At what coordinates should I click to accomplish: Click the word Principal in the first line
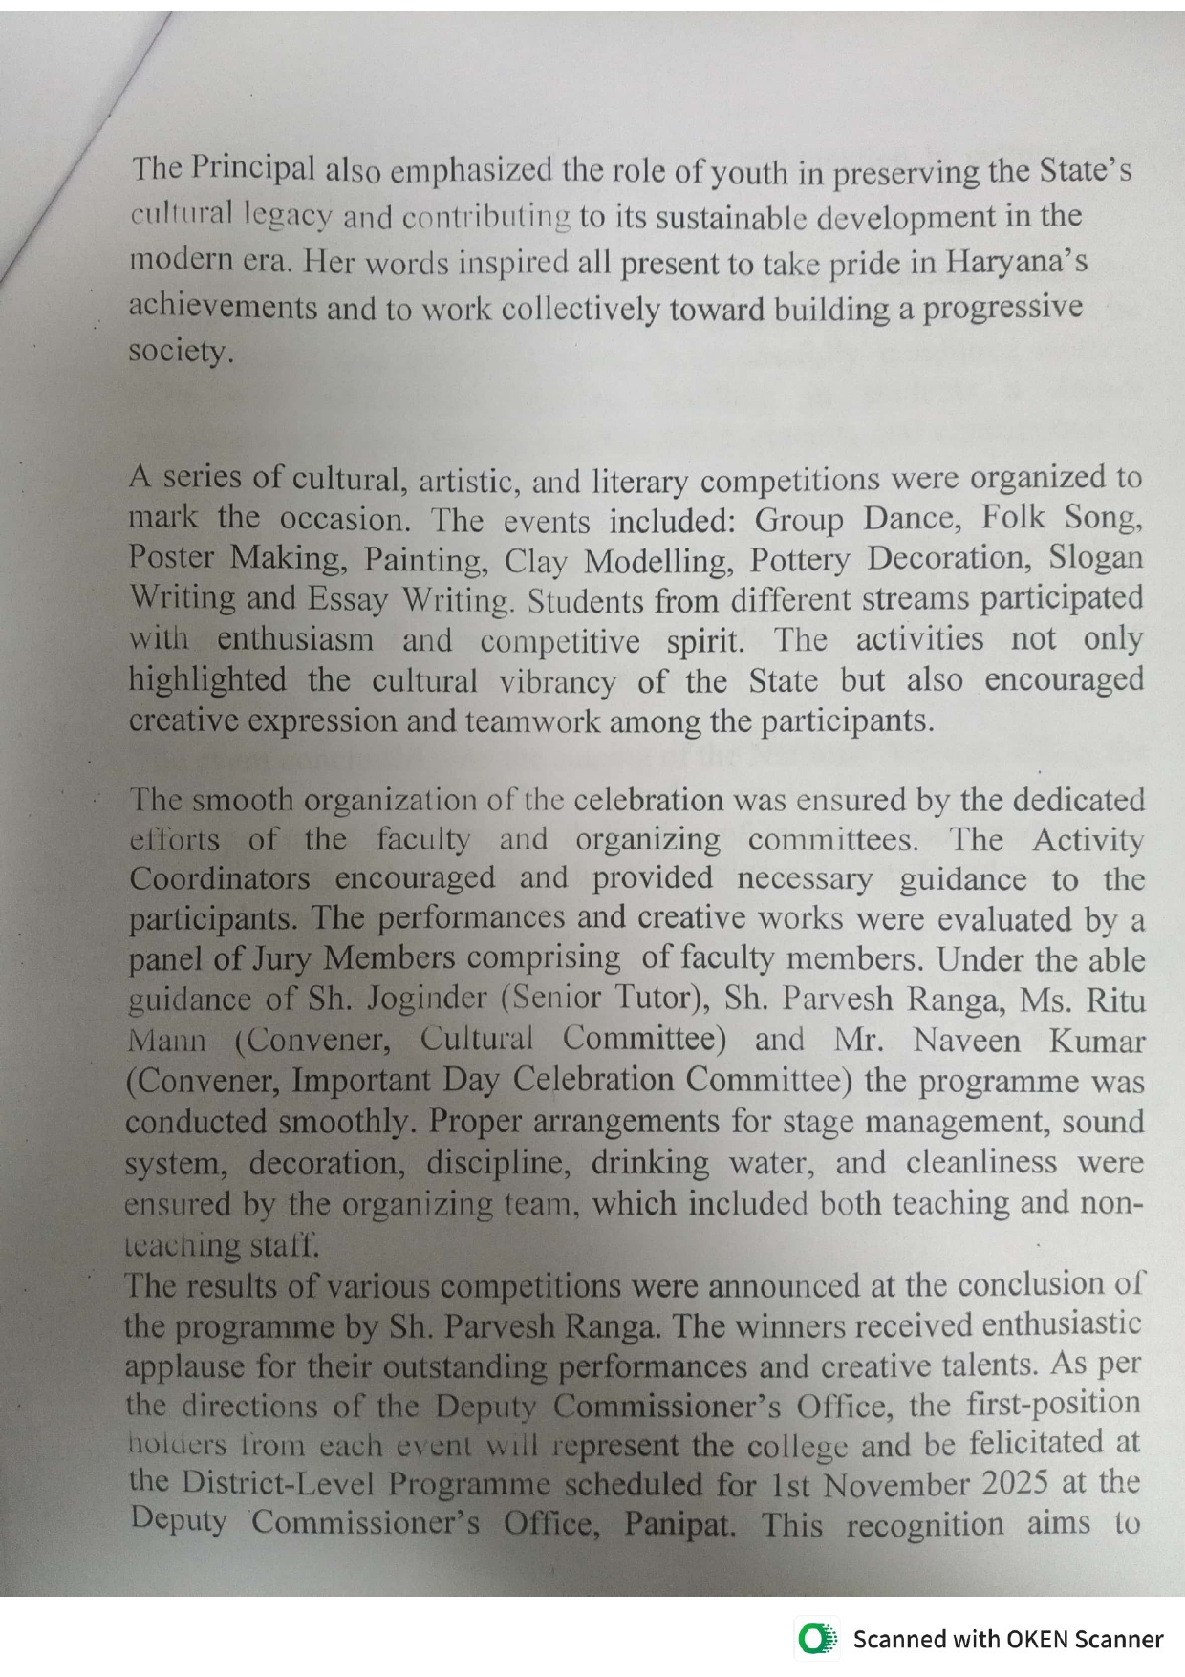point(253,168)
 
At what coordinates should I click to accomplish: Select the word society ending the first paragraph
point(180,353)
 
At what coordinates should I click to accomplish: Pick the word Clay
point(536,560)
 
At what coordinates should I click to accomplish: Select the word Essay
point(347,599)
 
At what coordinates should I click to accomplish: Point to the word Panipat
point(679,1523)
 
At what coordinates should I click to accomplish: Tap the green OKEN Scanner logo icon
point(815,1639)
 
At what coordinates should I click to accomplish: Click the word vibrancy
point(557,681)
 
